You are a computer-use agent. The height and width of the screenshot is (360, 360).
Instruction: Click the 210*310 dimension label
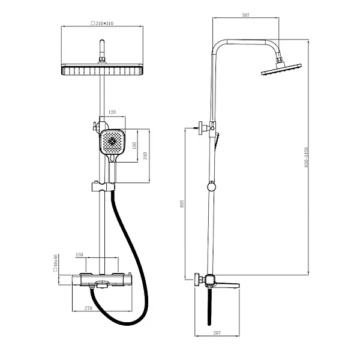(x=102, y=25)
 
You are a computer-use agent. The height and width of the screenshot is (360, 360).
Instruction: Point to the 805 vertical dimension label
(x=181, y=205)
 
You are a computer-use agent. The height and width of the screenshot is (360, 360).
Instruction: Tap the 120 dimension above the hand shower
(x=112, y=111)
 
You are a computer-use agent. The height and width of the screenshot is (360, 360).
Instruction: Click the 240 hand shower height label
(x=145, y=154)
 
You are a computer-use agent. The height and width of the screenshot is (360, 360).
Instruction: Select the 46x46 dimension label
(x=55, y=263)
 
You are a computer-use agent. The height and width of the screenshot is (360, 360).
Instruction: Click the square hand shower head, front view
(x=112, y=143)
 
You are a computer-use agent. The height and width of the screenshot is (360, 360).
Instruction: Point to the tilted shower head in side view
(x=281, y=70)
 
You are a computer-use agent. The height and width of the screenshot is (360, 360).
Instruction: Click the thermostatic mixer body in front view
(x=103, y=280)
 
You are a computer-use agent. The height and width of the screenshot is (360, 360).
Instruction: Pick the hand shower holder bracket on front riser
(x=103, y=187)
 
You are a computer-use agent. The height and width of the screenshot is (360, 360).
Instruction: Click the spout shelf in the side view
(x=227, y=284)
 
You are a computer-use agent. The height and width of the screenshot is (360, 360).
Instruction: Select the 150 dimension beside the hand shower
(x=135, y=145)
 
